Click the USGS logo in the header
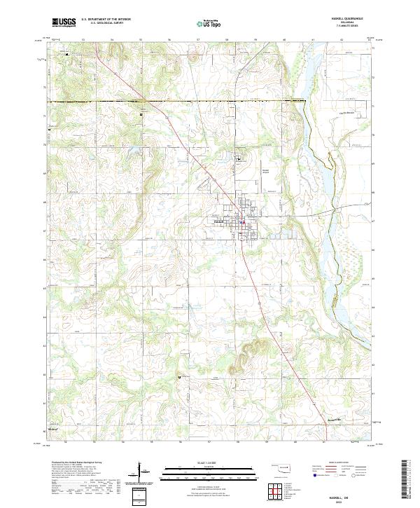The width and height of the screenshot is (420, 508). (64, 22)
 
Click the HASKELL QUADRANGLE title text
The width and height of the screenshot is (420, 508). (347, 19)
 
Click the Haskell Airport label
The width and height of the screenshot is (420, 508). (265, 171)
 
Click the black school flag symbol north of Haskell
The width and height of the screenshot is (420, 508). (238, 159)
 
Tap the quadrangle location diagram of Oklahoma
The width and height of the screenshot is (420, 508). (282, 467)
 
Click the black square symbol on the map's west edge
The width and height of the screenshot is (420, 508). (50, 130)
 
